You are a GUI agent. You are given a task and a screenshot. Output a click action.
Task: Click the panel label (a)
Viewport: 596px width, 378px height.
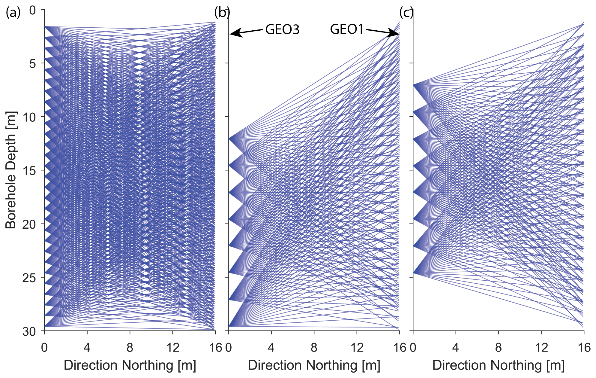point(13,13)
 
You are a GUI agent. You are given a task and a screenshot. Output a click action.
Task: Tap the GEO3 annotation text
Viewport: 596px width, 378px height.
point(282,30)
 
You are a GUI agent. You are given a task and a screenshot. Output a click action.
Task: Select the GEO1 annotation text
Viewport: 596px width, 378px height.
point(347,29)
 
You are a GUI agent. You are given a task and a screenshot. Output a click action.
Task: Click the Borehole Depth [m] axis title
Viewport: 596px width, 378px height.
point(11,170)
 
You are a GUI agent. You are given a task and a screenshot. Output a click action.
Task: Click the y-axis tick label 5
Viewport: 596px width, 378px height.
point(32,63)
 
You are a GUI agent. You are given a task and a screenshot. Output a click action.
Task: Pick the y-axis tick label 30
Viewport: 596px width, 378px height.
point(29,331)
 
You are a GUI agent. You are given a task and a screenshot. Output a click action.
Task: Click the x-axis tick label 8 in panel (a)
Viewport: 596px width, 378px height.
point(130,348)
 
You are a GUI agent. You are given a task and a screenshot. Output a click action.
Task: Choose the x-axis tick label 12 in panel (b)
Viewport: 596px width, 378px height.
point(357,348)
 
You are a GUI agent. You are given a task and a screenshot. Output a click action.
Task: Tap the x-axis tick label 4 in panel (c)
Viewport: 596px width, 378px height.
point(456,348)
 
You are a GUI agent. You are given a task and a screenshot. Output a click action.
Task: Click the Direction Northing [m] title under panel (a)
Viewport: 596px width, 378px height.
point(130,365)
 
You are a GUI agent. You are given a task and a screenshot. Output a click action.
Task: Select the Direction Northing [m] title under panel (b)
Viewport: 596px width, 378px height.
point(314,365)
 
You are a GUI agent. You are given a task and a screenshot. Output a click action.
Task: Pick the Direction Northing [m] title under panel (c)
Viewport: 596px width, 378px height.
point(498,365)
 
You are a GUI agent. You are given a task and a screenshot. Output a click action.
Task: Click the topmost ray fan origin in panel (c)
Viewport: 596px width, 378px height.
point(414,85)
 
